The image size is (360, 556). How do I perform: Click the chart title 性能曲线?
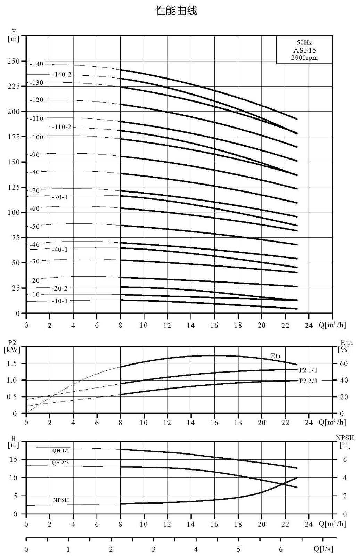(x=176, y=11)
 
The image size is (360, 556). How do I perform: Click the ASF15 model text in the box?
(x=305, y=50)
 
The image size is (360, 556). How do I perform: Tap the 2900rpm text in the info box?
(x=304, y=58)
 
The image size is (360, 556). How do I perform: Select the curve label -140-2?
(x=61, y=74)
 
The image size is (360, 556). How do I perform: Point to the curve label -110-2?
(x=61, y=127)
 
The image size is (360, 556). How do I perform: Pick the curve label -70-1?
(x=59, y=197)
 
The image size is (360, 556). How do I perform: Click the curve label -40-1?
(x=59, y=250)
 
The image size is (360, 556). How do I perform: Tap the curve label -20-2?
(x=59, y=288)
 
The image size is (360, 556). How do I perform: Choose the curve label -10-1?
(x=59, y=301)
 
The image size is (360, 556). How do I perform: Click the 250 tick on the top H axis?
(x=13, y=61)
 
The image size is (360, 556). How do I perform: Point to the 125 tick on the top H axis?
(x=13, y=187)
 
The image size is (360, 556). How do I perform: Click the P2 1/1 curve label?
(x=308, y=370)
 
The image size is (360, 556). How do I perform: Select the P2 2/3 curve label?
(x=308, y=381)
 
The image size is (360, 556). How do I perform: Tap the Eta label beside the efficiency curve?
(x=276, y=356)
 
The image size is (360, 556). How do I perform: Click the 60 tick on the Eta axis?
(x=344, y=363)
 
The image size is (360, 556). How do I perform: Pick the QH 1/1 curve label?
(x=61, y=451)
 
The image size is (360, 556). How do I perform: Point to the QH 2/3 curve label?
(x=60, y=463)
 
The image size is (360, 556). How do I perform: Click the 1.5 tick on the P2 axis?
(x=12, y=363)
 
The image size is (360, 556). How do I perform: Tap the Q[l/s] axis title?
(x=323, y=549)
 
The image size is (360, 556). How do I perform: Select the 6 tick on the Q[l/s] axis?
(x=281, y=549)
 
